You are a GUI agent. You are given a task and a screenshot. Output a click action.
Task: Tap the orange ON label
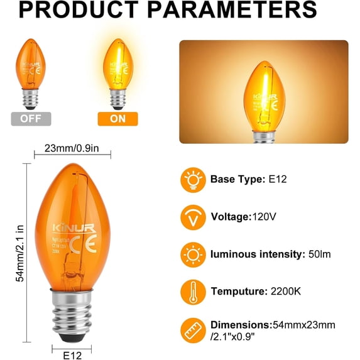[117, 119]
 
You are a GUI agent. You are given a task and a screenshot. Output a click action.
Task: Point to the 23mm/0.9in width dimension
[72, 149]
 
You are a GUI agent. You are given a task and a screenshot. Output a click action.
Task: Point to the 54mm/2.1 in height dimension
[21, 254]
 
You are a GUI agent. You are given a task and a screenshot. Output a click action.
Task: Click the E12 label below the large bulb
[72, 356]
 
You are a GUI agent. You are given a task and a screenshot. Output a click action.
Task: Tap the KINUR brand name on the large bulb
[70, 224]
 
